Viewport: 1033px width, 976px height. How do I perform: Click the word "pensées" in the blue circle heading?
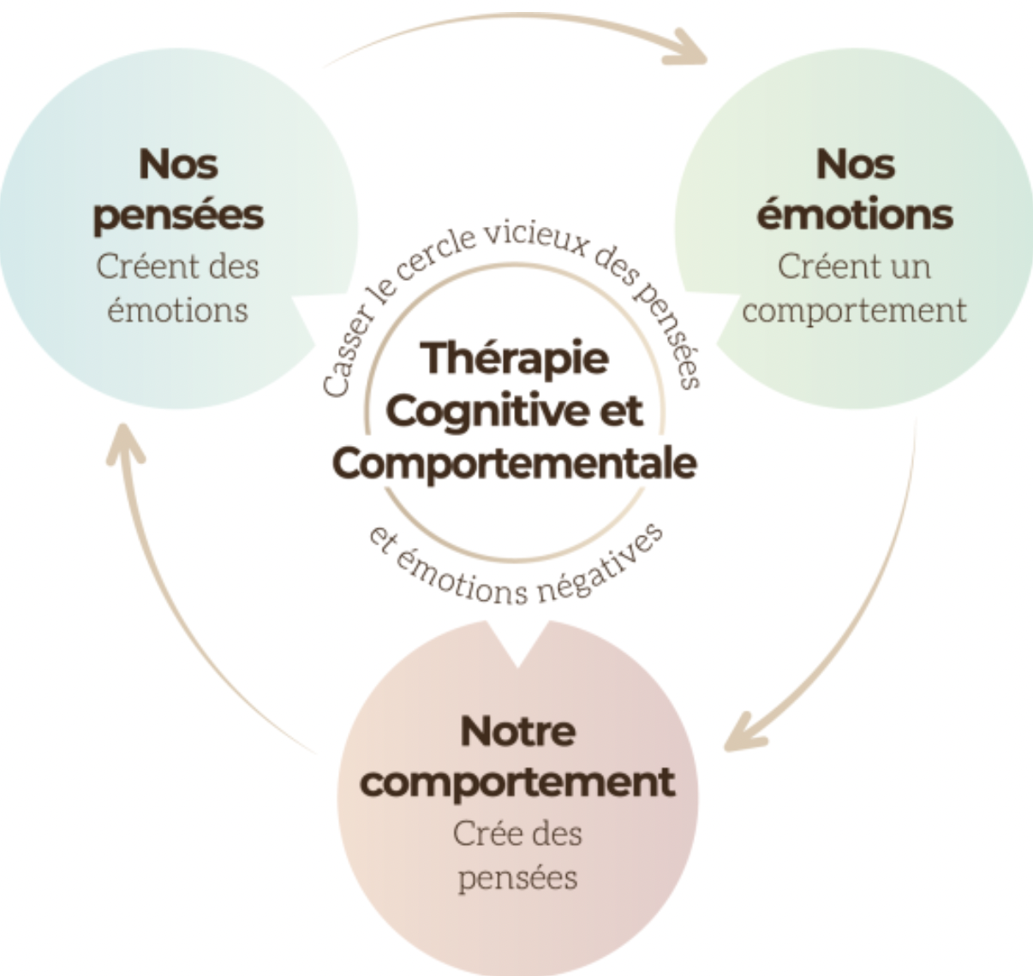pyautogui.click(x=177, y=215)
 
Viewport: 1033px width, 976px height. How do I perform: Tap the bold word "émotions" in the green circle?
pyautogui.click(x=854, y=213)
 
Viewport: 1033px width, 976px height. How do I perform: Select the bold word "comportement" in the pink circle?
pyautogui.click(x=517, y=782)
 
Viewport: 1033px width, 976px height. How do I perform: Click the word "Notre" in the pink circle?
pyautogui.click(x=517, y=731)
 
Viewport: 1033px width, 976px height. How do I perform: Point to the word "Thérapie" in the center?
pyautogui.click(x=515, y=357)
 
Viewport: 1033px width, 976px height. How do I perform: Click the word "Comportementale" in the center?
pyautogui.click(x=515, y=463)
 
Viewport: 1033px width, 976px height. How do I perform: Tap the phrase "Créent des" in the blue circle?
pyautogui.click(x=177, y=266)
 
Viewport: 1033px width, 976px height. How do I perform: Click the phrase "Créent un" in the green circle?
pyautogui.click(x=854, y=266)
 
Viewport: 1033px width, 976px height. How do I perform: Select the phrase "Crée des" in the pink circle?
pyautogui.click(x=517, y=833)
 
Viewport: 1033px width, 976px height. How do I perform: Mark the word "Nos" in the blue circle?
pyautogui.click(x=177, y=164)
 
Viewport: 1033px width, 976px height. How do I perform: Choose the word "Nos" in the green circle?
pyautogui.click(x=854, y=164)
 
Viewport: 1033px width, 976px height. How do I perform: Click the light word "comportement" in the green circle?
pyautogui.click(x=854, y=310)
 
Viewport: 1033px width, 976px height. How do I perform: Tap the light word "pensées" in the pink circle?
pyautogui.click(x=517, y=878)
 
